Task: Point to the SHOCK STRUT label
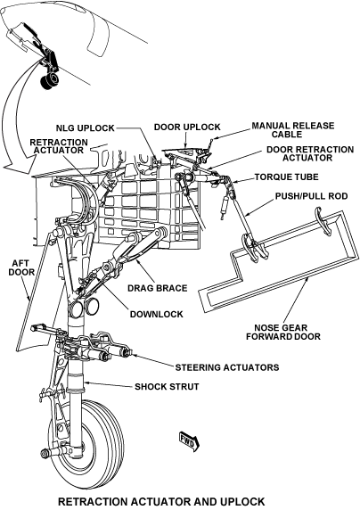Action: click(x=166, y=386)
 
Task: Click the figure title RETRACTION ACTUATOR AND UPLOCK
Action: click(x=161, y=502)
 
